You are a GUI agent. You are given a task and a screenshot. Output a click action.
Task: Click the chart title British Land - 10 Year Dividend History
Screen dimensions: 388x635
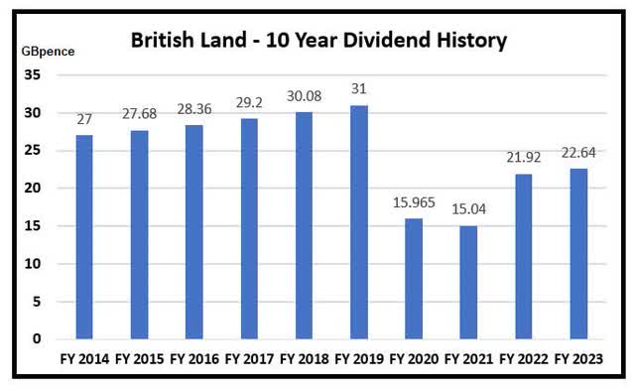pyautogui.click(x=319, y=42)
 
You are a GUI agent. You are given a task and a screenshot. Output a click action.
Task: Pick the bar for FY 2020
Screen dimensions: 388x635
pyautogui.click(x=414, y=278)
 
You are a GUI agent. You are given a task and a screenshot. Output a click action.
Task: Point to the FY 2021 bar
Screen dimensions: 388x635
pyautogui.click(x=468, y=282)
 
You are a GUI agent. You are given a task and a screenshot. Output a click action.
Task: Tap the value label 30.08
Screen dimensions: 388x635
pyautogui.click(x=304, y=97)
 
